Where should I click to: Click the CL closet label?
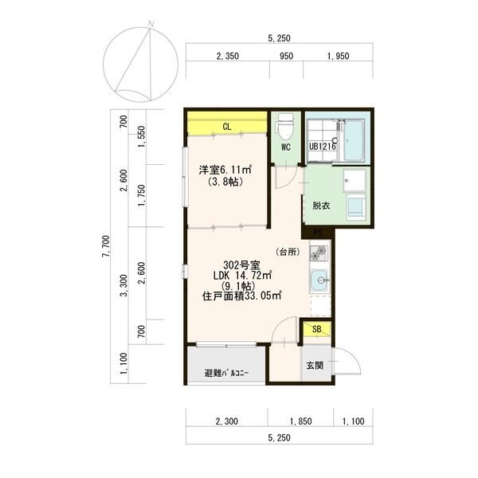point(227,127)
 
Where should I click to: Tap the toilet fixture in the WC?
point(284,124)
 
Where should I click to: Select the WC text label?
point(286,147)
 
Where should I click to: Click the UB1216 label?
point(323,147)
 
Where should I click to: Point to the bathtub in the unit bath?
point(354,139)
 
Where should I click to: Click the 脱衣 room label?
point(321,206)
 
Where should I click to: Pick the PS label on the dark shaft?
point(318,233)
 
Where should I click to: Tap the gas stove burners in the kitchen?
point(318,253)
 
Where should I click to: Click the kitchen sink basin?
point(319,280)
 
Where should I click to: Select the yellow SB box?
point(317,329)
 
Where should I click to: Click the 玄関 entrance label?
point(315,365)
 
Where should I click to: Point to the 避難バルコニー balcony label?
point(226,373)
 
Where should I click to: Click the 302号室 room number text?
point(241,265)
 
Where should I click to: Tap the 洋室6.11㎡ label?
point(225,170)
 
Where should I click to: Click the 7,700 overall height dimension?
point(106,246)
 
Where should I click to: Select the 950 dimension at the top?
point(287,56)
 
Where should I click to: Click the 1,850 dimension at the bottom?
point(301,421)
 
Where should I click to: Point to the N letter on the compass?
point(151,23)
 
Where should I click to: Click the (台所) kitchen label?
point(288,252)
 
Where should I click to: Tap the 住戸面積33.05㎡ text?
point(241,296)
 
